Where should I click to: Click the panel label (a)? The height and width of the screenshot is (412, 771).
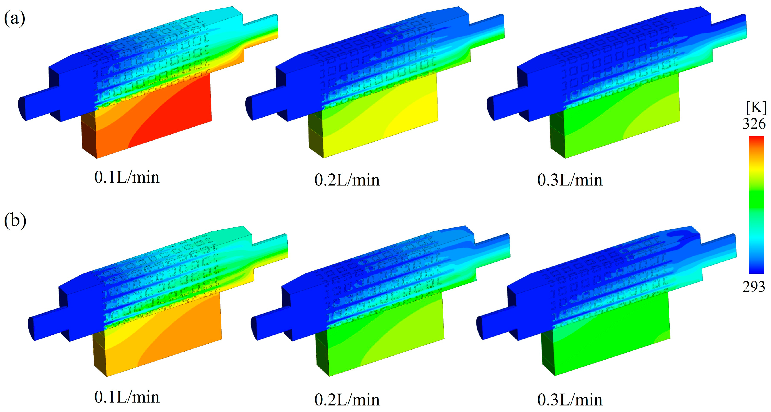point(14,18)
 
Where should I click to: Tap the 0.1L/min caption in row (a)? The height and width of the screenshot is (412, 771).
point(127,178)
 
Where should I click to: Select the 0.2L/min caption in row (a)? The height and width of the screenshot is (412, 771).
point(347,180)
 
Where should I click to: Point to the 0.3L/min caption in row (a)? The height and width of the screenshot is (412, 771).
point(569,180)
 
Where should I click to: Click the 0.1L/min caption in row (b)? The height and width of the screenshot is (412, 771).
point(127,397)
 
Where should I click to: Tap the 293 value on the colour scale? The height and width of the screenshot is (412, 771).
point(754,287)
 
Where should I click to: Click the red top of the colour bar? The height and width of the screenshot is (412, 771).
point(756,141)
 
